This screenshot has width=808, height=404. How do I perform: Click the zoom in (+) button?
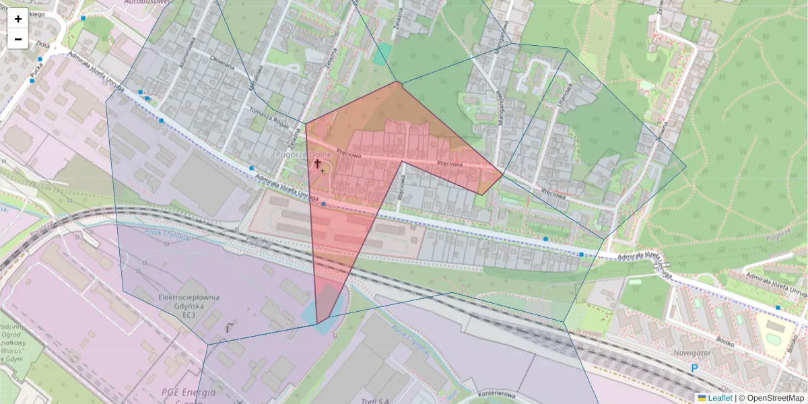click(x=18, y=19)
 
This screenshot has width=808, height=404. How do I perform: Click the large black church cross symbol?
click(x=317, y=163)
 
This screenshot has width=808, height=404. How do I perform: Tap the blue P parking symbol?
click(x=694, y=368)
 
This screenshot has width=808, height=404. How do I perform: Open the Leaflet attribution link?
click(x=719, y=398)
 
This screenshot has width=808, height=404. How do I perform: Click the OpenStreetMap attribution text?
click(x=775, y=398)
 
